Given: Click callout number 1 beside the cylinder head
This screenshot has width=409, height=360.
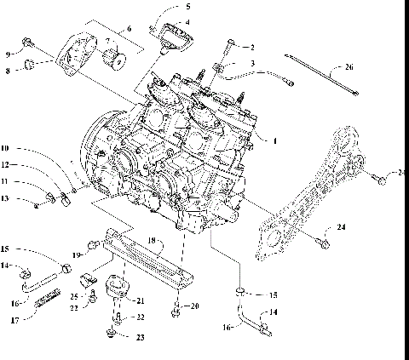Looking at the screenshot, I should pyautogui.click(x=274, y=139).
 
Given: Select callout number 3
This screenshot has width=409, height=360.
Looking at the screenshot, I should pyautogui.click(x=251, y=65).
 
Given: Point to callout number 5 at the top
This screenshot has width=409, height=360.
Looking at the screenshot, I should pyautogui.click(x=188, y=6).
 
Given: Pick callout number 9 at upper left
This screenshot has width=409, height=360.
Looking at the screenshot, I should pyautogui.click(x=8, y=54).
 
